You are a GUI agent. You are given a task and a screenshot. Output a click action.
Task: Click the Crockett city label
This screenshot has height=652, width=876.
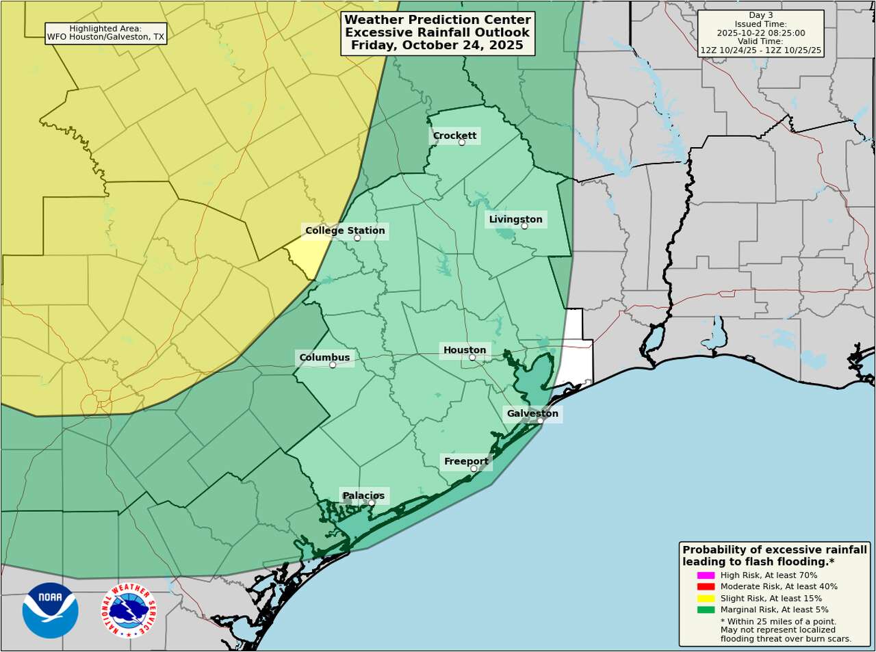pos(454,135)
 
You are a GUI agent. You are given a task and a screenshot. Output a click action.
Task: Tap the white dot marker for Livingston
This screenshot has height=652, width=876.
pos(524,226)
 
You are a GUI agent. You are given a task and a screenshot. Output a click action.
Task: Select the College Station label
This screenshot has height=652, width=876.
pos(345,231)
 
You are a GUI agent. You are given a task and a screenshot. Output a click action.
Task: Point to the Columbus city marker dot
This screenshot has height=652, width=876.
pos(333,365)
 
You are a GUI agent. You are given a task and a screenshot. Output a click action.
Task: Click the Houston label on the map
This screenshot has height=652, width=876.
pos(465,350)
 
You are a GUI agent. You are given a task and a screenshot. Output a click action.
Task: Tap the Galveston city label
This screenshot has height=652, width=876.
pos(532,413)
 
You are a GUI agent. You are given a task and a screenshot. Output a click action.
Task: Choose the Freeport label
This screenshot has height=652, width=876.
pos(466,461)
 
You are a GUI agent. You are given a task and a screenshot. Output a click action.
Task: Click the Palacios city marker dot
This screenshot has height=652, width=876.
pos(372,503)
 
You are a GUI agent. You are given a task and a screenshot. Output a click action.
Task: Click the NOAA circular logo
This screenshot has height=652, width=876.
pos(50,610)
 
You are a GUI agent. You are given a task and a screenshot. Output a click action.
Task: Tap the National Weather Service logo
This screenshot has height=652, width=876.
pos(129,610)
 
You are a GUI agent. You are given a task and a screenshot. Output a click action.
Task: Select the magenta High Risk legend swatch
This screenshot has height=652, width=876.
pos(706,575)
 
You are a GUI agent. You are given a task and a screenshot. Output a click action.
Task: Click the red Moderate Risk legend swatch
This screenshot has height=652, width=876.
pos(706,586)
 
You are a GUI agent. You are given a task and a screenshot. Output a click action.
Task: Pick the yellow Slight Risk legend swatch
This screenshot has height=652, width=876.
pos(706,598)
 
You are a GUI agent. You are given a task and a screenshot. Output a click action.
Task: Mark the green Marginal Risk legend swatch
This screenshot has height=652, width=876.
pos(706,610)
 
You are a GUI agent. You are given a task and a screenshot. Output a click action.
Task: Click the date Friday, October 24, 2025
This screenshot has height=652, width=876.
pos(437,45)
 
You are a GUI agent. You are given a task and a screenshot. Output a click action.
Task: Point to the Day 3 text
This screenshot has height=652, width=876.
pos(760,15)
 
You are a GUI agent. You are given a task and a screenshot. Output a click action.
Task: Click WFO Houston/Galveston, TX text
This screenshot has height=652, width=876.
pos(105,37)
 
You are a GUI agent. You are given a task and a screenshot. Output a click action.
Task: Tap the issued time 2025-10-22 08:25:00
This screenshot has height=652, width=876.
pos(760,33)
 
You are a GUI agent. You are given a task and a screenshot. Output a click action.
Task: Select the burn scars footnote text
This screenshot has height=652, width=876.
pos(786,639)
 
